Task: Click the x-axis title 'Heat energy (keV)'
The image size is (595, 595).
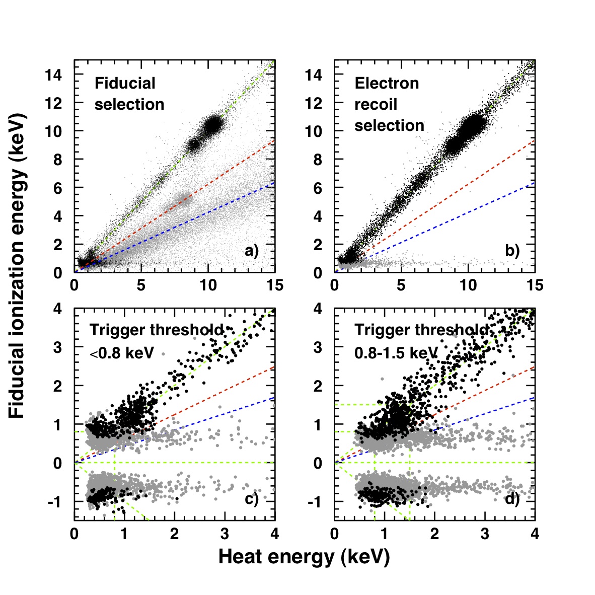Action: pos(304,557)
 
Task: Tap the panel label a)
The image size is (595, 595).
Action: pos(252,251)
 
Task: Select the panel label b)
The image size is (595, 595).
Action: pos(512,251)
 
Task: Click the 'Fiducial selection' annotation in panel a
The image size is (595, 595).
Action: pos(129,94)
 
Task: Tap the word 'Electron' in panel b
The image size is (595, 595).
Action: pos(387,83)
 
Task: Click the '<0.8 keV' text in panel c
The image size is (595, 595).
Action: pos(122,353)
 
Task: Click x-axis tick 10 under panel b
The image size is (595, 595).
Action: pos(468,285)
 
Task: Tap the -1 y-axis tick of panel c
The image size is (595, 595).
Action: pos(58,502)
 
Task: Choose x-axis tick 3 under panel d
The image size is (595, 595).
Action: pos(485,534)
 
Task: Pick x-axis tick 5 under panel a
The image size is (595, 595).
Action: pos(141,285)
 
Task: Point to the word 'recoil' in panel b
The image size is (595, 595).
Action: pos(376,104)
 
